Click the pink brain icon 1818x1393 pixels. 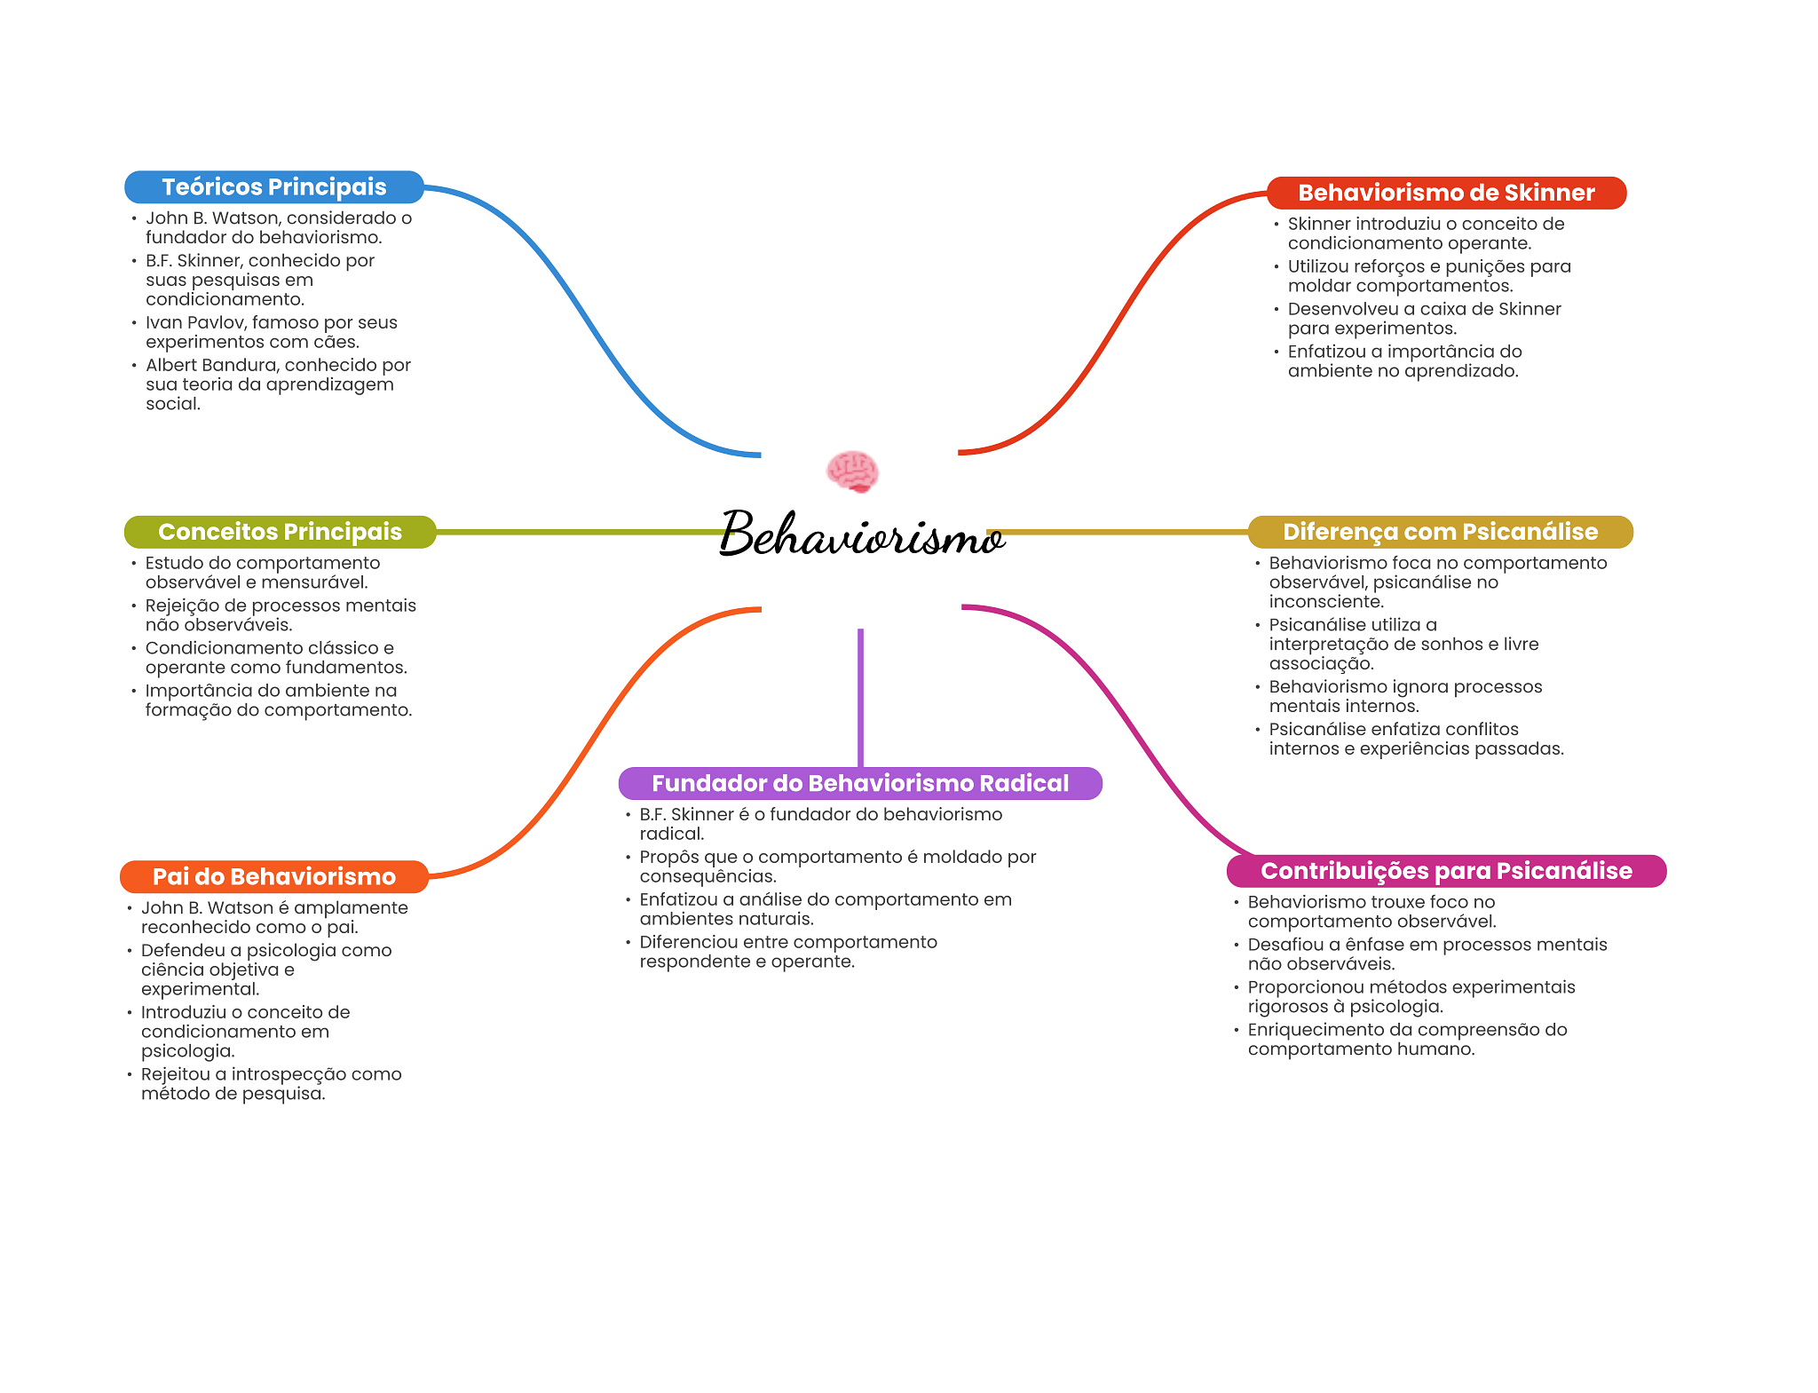pos(852,471)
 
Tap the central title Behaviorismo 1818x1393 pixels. pos(861,534)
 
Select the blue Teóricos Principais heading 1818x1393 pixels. pos(273,187)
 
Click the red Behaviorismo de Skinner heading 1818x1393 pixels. pos(1446,193)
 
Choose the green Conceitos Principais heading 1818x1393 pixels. pos(280,532)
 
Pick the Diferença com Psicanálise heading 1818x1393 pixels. pos(1440,532)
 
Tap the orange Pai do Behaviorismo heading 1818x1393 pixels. pos(273,876)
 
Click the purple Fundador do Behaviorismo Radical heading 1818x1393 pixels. pos(860,783)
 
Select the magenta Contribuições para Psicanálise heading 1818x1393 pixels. pos(1446,871)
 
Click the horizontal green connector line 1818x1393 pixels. pos(577,532)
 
